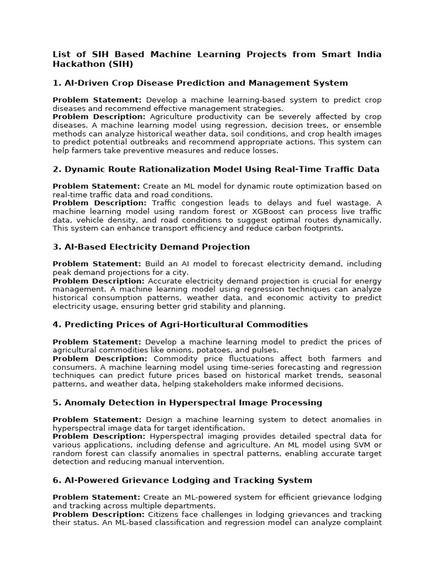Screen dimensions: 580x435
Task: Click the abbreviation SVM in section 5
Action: tap(359, 445)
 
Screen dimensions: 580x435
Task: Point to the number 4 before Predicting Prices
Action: tap(56, 325)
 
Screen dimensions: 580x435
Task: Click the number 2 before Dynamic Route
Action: tap(56, 169)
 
